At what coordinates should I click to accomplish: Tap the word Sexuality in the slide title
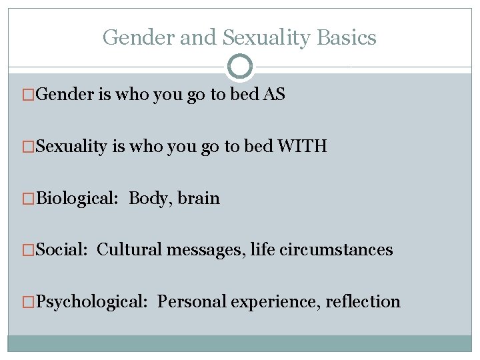pyautogui.click(x=265, y=38)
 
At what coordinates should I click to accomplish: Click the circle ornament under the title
pyautogui.click(x=240, y=67)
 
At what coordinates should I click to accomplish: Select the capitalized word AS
pyautogui.click(x=274, y=95)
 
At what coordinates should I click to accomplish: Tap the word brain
pyautogui.click(x=199, y=198)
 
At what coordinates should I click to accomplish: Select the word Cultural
pyautogui.click(x=128, y=250)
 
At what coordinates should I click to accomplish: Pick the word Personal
pyautogui.click(x=191, y=302)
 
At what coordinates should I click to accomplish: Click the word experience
pyautogui.click(x=275, y=302)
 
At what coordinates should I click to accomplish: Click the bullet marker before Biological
pyautogui.click(x=28, y=199)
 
